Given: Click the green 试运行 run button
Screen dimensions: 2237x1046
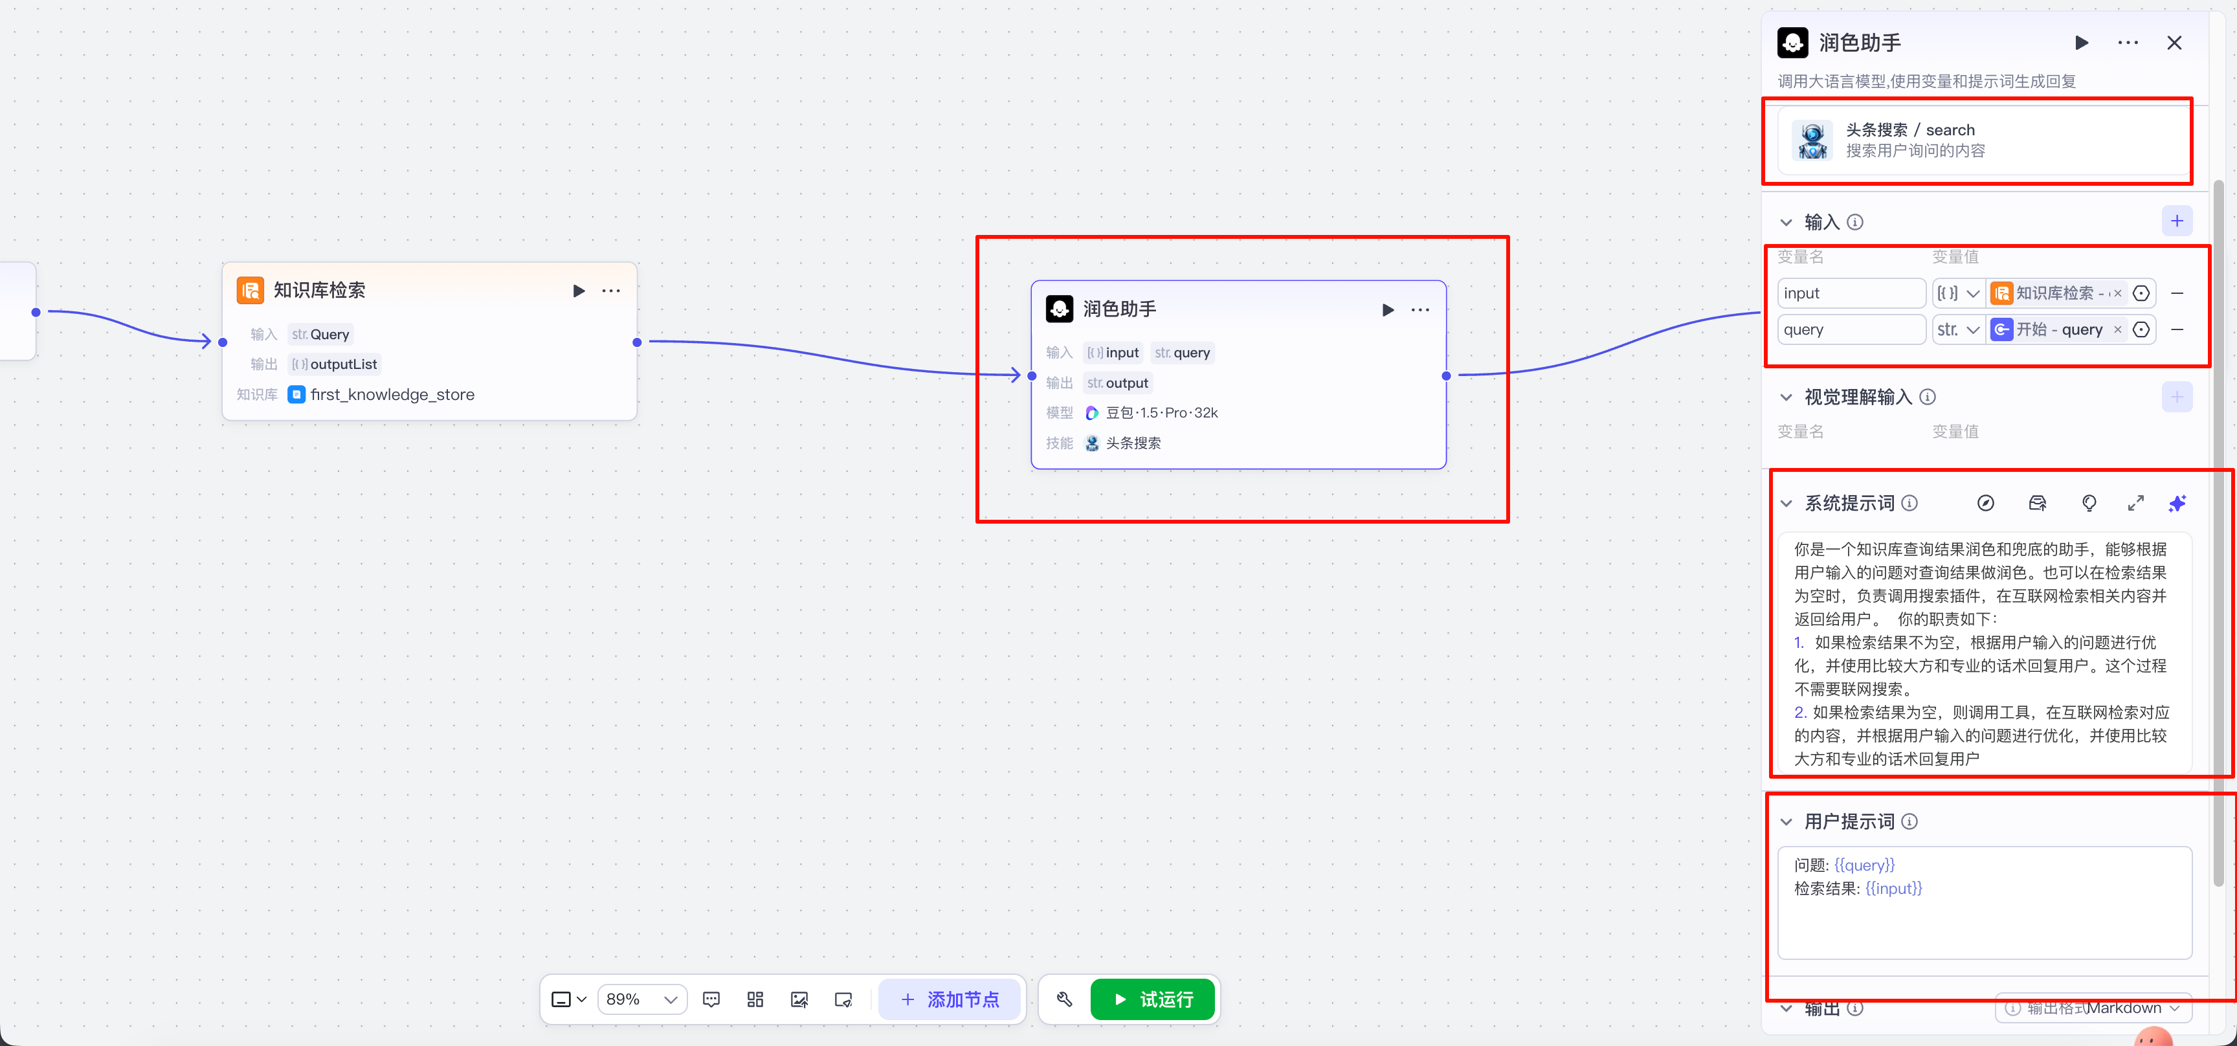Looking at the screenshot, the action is [x=1152, y=999].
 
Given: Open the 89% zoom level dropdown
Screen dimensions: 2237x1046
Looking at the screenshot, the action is [x=641, y=999].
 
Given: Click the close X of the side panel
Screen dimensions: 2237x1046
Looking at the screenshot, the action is [x=2174, y=43].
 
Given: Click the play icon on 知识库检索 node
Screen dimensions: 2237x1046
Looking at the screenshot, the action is [x=579, y=291].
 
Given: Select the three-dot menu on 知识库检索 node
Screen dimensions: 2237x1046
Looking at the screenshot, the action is [x=611, y=291].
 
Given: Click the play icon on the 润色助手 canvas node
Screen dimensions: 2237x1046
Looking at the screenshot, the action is [x=1388, y=310].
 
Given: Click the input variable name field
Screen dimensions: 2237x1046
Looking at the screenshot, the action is [x=1851, y=293].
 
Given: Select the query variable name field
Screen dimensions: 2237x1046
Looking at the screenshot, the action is [x=1851, y=330].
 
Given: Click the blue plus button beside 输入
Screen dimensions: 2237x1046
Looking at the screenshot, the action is [x=2176, y=221].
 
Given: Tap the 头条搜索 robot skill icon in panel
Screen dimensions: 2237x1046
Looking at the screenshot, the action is [x=1812, y=140].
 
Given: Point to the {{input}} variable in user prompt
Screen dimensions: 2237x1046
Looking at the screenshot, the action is [x=1893, y=888].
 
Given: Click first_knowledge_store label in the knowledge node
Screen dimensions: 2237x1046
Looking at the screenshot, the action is [x=392, y=395].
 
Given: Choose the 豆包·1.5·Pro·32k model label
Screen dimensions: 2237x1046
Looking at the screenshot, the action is [x=1161, y=413].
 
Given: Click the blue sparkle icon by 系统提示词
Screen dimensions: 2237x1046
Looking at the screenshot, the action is [x=2176, y=504].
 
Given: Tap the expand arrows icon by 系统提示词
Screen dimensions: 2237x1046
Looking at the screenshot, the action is [x=2135, y=504].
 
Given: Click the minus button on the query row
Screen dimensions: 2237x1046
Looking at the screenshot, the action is [x=2177, y=330].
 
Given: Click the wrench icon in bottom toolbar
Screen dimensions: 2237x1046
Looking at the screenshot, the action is [x=1065, y=999].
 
